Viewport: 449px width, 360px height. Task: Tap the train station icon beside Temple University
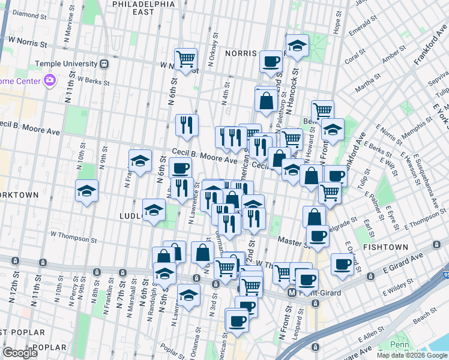[104, 64]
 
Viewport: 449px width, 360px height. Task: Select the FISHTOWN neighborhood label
[385, 247]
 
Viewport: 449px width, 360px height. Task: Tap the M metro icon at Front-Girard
[292, 293]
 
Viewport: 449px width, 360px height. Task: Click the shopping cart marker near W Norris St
[186, 58]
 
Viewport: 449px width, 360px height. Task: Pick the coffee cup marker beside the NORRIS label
[271, 61]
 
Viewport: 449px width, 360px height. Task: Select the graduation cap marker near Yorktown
[86, 191]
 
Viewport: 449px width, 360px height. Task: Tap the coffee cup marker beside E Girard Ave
[343, 263]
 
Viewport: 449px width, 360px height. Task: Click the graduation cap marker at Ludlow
[154, 210]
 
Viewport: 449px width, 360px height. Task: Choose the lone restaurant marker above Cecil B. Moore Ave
[187, 124]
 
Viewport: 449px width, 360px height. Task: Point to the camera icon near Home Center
[49, 80]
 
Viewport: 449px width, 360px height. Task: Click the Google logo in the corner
[20, 353]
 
